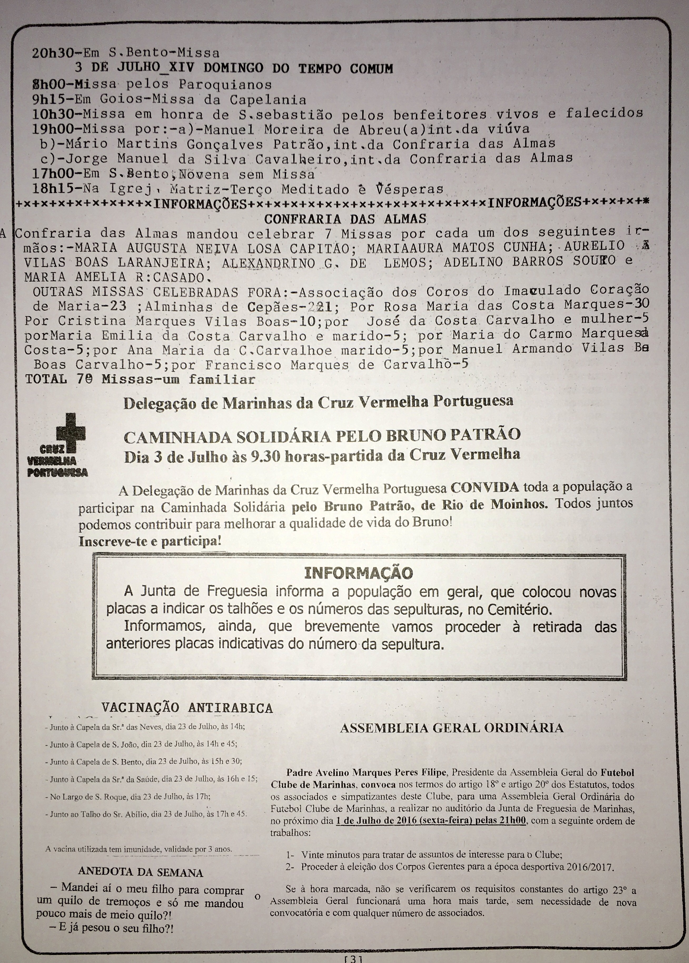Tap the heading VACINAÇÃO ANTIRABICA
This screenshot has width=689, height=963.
coord(187,708)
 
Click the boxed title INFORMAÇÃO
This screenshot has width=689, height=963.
coord(359,573)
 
